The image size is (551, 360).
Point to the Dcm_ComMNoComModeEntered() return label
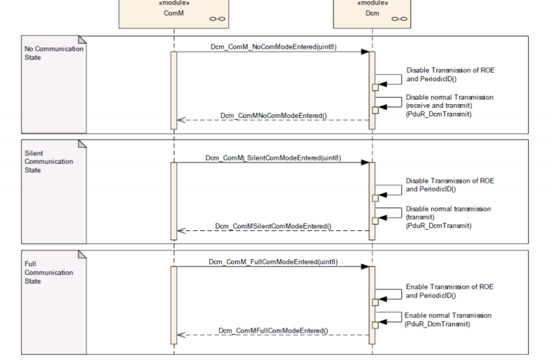pos(274,116)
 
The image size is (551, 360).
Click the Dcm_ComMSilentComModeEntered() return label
pos(274,226)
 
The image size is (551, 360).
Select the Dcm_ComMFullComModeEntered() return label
pos(274,331)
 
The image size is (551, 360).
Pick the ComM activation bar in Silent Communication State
pos(173,200)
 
